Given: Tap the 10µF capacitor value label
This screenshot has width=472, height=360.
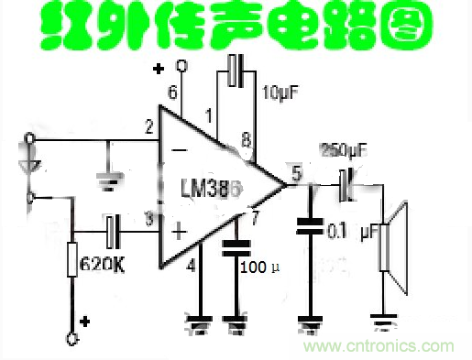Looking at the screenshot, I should [x=279, y=94].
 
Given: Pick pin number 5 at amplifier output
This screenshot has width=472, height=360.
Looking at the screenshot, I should [x=294, y=171].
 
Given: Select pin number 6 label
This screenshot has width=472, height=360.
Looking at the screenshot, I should [x=172, y=92].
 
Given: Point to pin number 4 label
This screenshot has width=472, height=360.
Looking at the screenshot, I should [x=191, y=267].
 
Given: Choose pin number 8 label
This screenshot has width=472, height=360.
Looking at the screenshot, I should [x=245, y=140].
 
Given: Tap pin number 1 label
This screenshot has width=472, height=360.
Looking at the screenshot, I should [x=210, y=115].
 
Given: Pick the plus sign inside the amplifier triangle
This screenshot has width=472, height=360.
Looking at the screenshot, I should [x=181, y=234].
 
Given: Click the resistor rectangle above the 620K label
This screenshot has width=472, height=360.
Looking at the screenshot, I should [x=71, y=259].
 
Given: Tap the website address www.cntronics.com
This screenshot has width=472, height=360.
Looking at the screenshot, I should [x=380, y=346].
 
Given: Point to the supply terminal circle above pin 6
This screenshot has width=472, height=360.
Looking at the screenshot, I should [x=182, y=65].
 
